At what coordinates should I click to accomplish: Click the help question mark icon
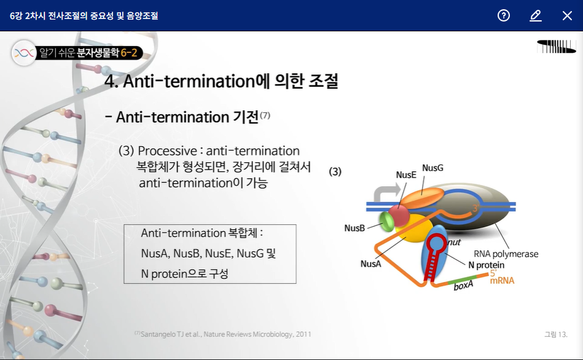(503, 15)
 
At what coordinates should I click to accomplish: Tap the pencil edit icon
(536, 15)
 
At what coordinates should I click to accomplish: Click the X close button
(567, 15)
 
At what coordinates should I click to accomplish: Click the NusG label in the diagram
(432, 168)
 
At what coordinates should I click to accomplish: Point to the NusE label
(405, 175)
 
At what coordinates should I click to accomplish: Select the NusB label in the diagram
(354, 228)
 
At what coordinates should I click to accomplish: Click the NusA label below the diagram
(370, 264)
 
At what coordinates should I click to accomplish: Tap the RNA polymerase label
(506, 254)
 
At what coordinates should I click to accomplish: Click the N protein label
(486, 265)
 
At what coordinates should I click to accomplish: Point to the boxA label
(463, 285)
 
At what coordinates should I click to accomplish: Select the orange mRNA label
(502, 280)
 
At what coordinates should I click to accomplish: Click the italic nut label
(454, 243)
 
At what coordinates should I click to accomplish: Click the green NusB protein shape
(386, 221)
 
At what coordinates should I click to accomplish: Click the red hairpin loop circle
(436, 243)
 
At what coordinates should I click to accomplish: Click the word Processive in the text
(167, 151)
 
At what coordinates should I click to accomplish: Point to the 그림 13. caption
(556, 334)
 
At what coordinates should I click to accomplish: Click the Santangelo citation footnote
(223, 334)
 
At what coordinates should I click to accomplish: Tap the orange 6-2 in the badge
(128, 53)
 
